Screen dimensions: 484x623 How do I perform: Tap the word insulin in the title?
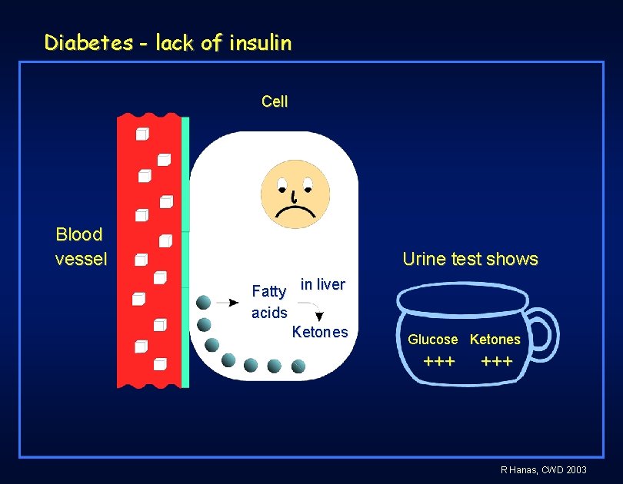click(x=259, y=43)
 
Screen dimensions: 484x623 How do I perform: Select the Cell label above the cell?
click(x=275, y=101)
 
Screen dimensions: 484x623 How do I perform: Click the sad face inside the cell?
click(x=295, y=194)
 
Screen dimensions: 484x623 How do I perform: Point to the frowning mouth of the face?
click(x=295, y=211)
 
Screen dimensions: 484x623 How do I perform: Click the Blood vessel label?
click(x=81, y=247)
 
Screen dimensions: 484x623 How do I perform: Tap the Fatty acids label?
click(x=269, y=302)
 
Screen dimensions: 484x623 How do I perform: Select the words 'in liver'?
click(x=322, y=285)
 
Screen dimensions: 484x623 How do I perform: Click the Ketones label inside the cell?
click(x=320, y=333)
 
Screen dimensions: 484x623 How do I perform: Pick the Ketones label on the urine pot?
click(x=495, y=340)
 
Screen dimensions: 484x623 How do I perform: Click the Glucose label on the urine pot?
click(x=432, y=340)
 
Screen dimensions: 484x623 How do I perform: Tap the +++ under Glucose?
click(x=439, y=361)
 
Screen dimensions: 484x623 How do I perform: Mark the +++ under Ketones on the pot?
click(x=497, y=361)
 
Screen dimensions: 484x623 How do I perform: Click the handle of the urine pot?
click(x=545, y=332)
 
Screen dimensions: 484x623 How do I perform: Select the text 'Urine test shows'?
click(x=470, y=260)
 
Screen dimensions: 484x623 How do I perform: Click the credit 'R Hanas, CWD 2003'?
click(x=543, y=469)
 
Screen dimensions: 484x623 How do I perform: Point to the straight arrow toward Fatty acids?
click(x=228, y=303)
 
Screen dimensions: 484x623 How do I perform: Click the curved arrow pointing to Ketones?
click(x=314, y=310)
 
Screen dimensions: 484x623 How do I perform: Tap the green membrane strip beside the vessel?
click(x=185, y=254)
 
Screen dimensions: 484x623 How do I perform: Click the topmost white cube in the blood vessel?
click(x=142, y=135)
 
